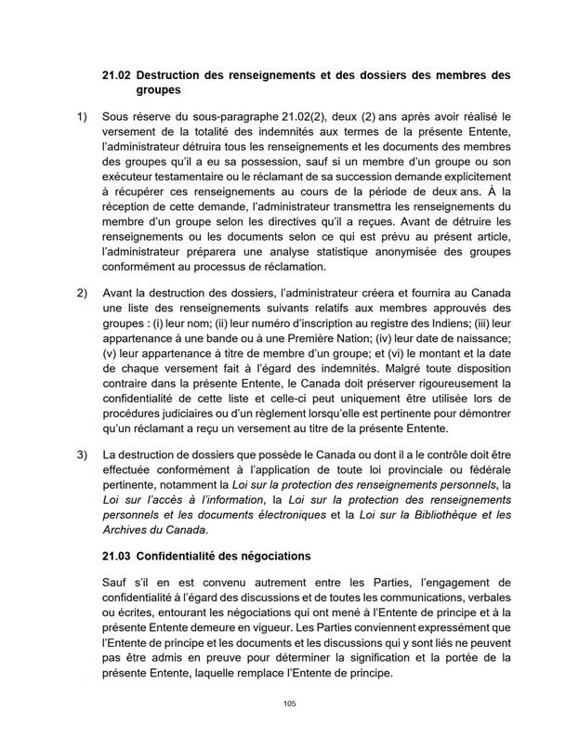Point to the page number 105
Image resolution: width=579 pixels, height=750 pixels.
tap(289, 704)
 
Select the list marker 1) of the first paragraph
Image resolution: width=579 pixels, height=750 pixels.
tap(83, 117)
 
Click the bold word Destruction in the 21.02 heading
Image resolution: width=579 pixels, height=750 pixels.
tap(183, 74)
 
